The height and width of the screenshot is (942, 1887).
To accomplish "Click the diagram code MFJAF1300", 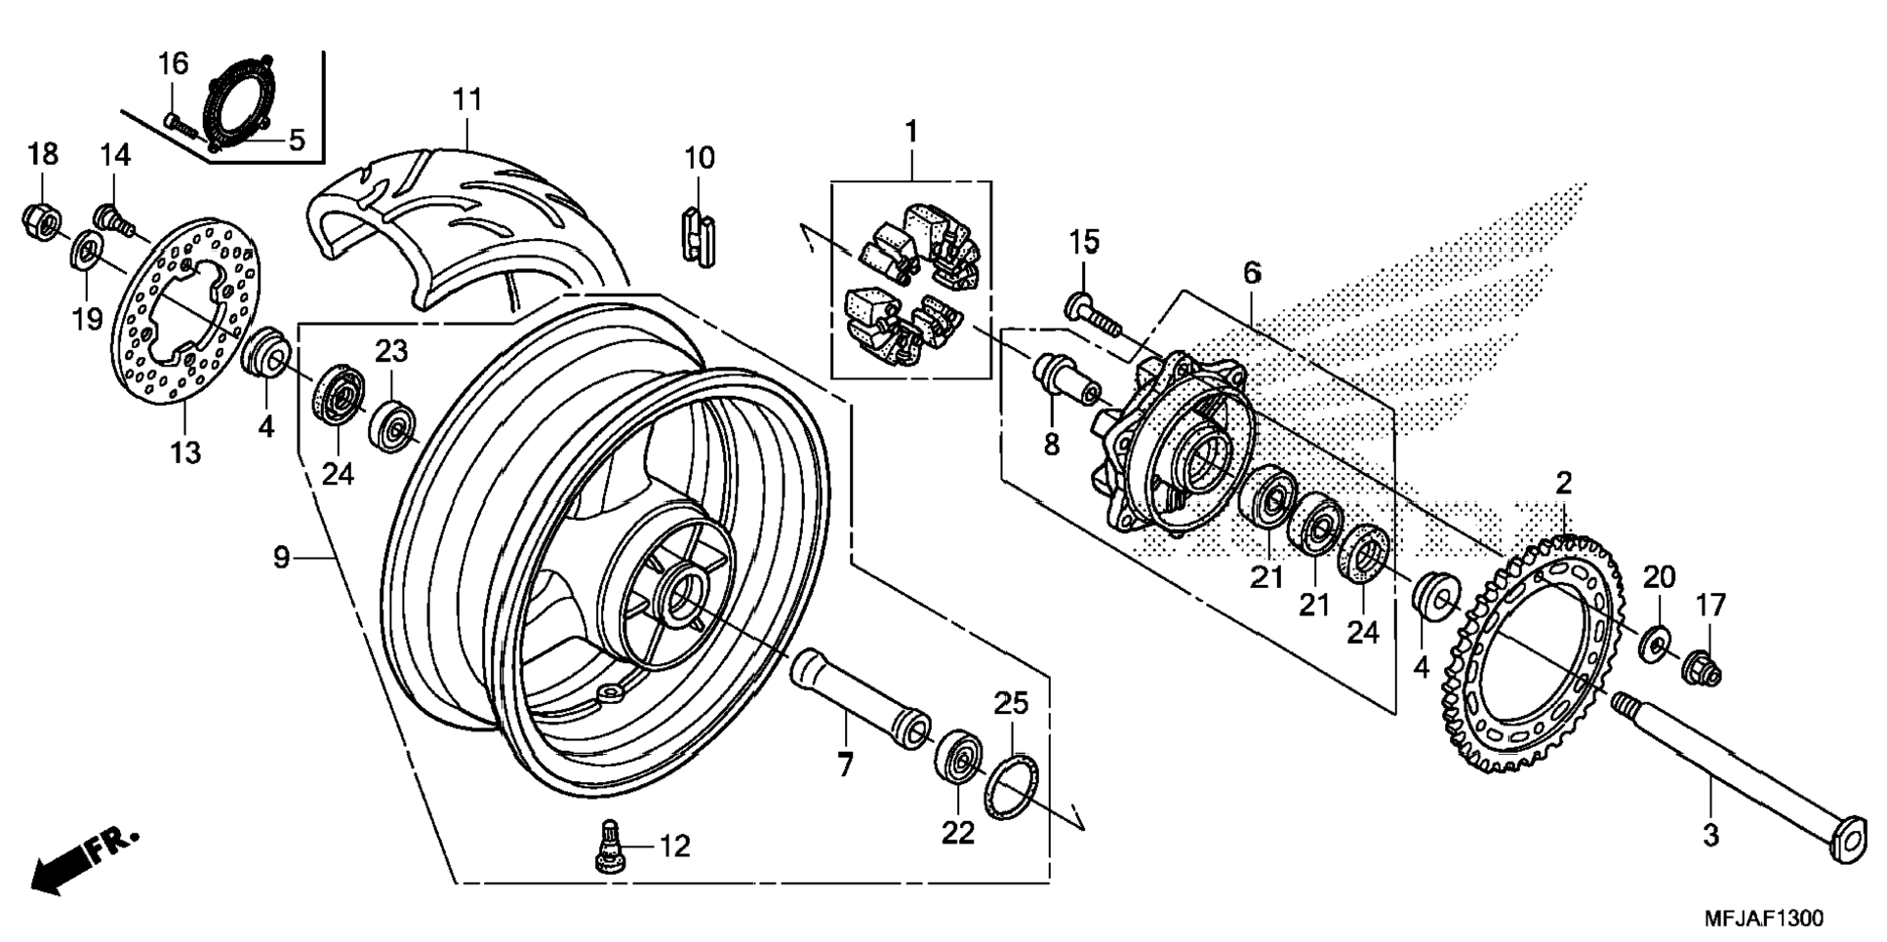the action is pyautogui.click(x=1763, y=919).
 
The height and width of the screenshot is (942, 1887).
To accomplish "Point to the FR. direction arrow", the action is pyautogui.click(x=86, y=861).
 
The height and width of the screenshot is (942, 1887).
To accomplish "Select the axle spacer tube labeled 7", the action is pyautogui.click(x=860, y=699).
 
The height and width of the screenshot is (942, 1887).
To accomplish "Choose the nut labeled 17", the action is pyautogui.click(x=1702, y=668).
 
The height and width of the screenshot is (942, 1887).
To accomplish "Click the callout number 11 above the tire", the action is pyautogui.click(x=467, y=99).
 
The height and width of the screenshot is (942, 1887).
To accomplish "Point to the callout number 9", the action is pyautogui.click(x=281, y=558).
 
